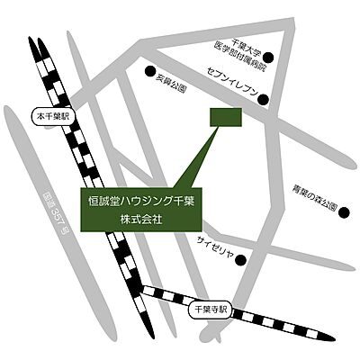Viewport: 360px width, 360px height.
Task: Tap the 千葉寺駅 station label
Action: tap(211, 309)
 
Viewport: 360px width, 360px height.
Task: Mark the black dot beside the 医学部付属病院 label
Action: tap(278, 61)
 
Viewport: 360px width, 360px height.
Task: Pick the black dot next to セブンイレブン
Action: tap(264, 100)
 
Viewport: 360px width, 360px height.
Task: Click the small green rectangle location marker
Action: tap(225, 118)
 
